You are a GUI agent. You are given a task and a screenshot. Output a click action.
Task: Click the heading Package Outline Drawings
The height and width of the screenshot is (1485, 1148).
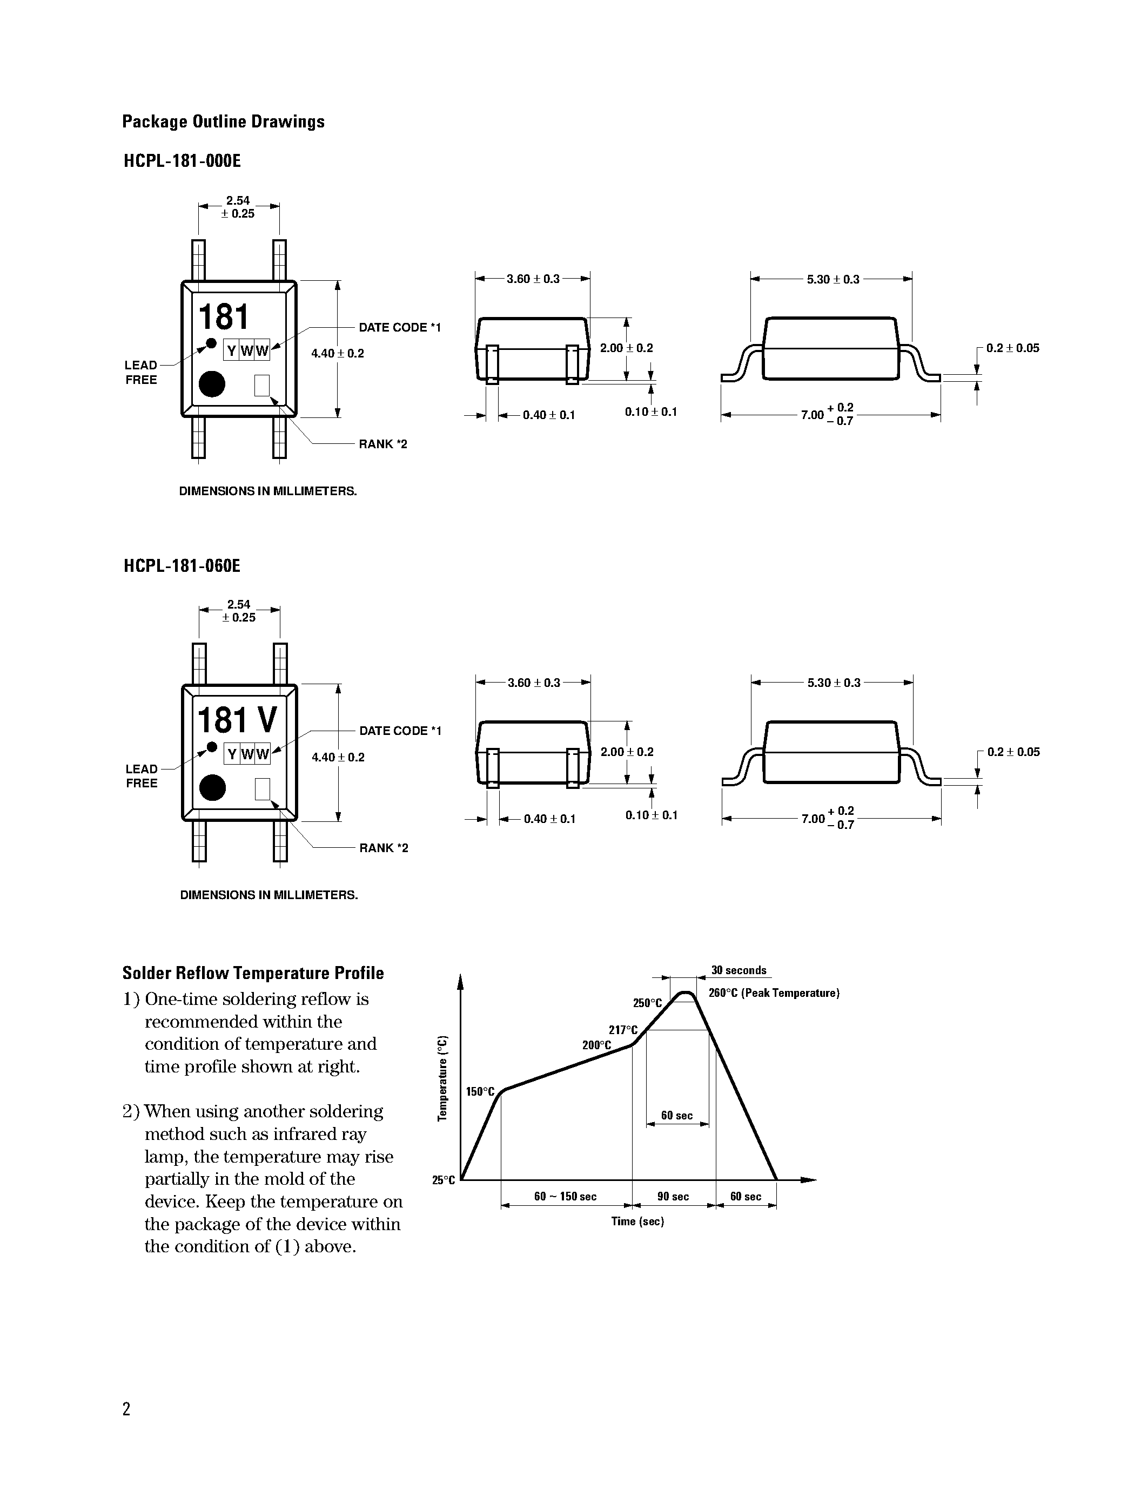223,122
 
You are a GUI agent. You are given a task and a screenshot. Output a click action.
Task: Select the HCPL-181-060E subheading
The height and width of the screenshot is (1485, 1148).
182,566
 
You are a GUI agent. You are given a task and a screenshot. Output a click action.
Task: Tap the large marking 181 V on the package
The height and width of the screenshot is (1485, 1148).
237,720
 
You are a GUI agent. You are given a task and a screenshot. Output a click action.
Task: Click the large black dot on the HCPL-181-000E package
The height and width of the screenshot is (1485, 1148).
212,384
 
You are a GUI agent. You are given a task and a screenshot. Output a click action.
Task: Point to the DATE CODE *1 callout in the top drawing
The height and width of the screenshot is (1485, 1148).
399,328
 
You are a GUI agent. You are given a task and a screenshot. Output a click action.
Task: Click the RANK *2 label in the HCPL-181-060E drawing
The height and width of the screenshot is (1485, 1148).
384,848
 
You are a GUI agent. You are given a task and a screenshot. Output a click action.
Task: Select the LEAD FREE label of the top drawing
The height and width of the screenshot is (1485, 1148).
141,373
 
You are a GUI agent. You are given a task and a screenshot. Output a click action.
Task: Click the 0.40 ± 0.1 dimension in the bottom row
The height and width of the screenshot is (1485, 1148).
549,819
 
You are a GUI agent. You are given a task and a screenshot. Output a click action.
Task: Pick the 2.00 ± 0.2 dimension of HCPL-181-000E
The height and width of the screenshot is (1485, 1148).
626,348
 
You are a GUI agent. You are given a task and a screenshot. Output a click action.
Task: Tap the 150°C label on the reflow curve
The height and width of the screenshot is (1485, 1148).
480,1091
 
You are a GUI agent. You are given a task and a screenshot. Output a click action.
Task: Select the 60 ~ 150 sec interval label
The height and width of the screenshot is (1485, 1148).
565,1196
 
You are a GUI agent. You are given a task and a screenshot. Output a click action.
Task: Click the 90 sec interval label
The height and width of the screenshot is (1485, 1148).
673,1196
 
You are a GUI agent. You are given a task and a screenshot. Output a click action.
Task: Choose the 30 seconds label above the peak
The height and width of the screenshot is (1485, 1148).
739,970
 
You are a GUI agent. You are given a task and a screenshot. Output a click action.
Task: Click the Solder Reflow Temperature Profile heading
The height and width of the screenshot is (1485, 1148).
253,973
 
